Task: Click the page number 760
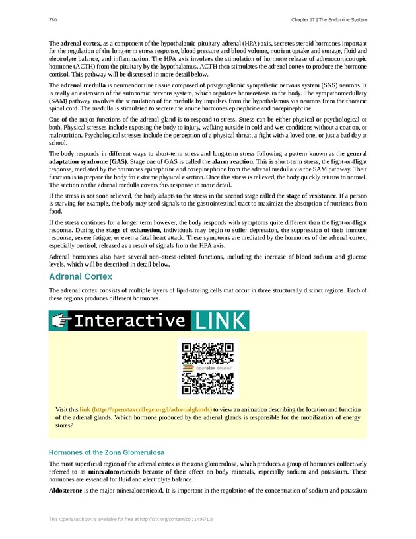(x=53, y=19)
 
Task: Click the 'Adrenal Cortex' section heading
(x=81, y=276)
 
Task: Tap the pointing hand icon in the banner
(x=61, y=321)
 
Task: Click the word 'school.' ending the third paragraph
(x=58, y=142)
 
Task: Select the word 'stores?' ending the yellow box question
(x=64, y=426)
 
